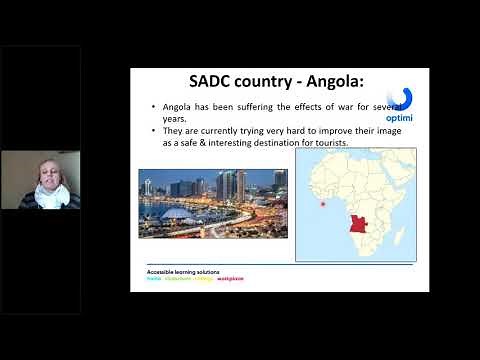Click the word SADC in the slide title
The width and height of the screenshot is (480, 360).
[x=214, y=82]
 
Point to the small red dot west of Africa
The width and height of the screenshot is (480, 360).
[x=322, y=205]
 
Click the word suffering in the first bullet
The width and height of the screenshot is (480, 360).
[x=245, y=105]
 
